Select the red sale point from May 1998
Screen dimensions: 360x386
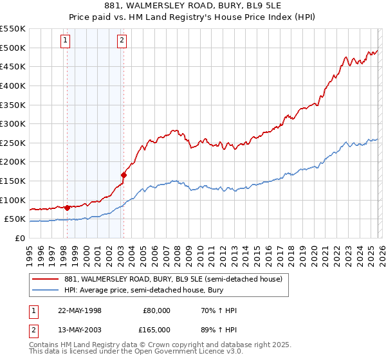click(x=67, y=208)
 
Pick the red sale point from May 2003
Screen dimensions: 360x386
click(x=124, y=174)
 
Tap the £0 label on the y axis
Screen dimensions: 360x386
click(x=19, y=238)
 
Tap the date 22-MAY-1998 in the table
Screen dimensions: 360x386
click(x=80, y=310)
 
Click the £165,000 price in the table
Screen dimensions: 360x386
click(x=156, y=330)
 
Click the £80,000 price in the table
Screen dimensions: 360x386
click(x=156, y=310)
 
